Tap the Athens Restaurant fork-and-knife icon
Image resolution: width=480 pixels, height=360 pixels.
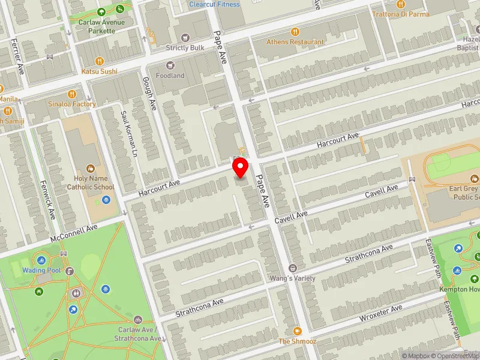(x=295, y=32)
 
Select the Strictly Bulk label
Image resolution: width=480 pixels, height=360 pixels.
(x=185, y=47)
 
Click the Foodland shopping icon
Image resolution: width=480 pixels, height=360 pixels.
(x=170, y=65)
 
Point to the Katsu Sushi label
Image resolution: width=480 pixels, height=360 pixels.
(x=100, y=71)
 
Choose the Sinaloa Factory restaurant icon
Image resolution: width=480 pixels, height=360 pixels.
(x=72, y=94)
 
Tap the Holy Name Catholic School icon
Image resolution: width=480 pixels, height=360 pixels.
(x=91, y=170)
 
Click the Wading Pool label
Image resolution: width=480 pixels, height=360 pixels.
(x=42, y=271)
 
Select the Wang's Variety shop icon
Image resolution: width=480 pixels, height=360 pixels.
(x=293, y=268)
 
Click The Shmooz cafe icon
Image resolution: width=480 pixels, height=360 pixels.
(x=296, y=331)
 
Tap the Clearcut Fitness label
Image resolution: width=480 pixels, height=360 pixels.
(x=214, y=4)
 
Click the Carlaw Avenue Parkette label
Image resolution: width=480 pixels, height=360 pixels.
(x=101, y=26)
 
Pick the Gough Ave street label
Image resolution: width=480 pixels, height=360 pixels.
(x=148, y=93)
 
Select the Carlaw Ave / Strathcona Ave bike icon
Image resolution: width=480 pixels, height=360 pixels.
(x=139, y=320)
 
